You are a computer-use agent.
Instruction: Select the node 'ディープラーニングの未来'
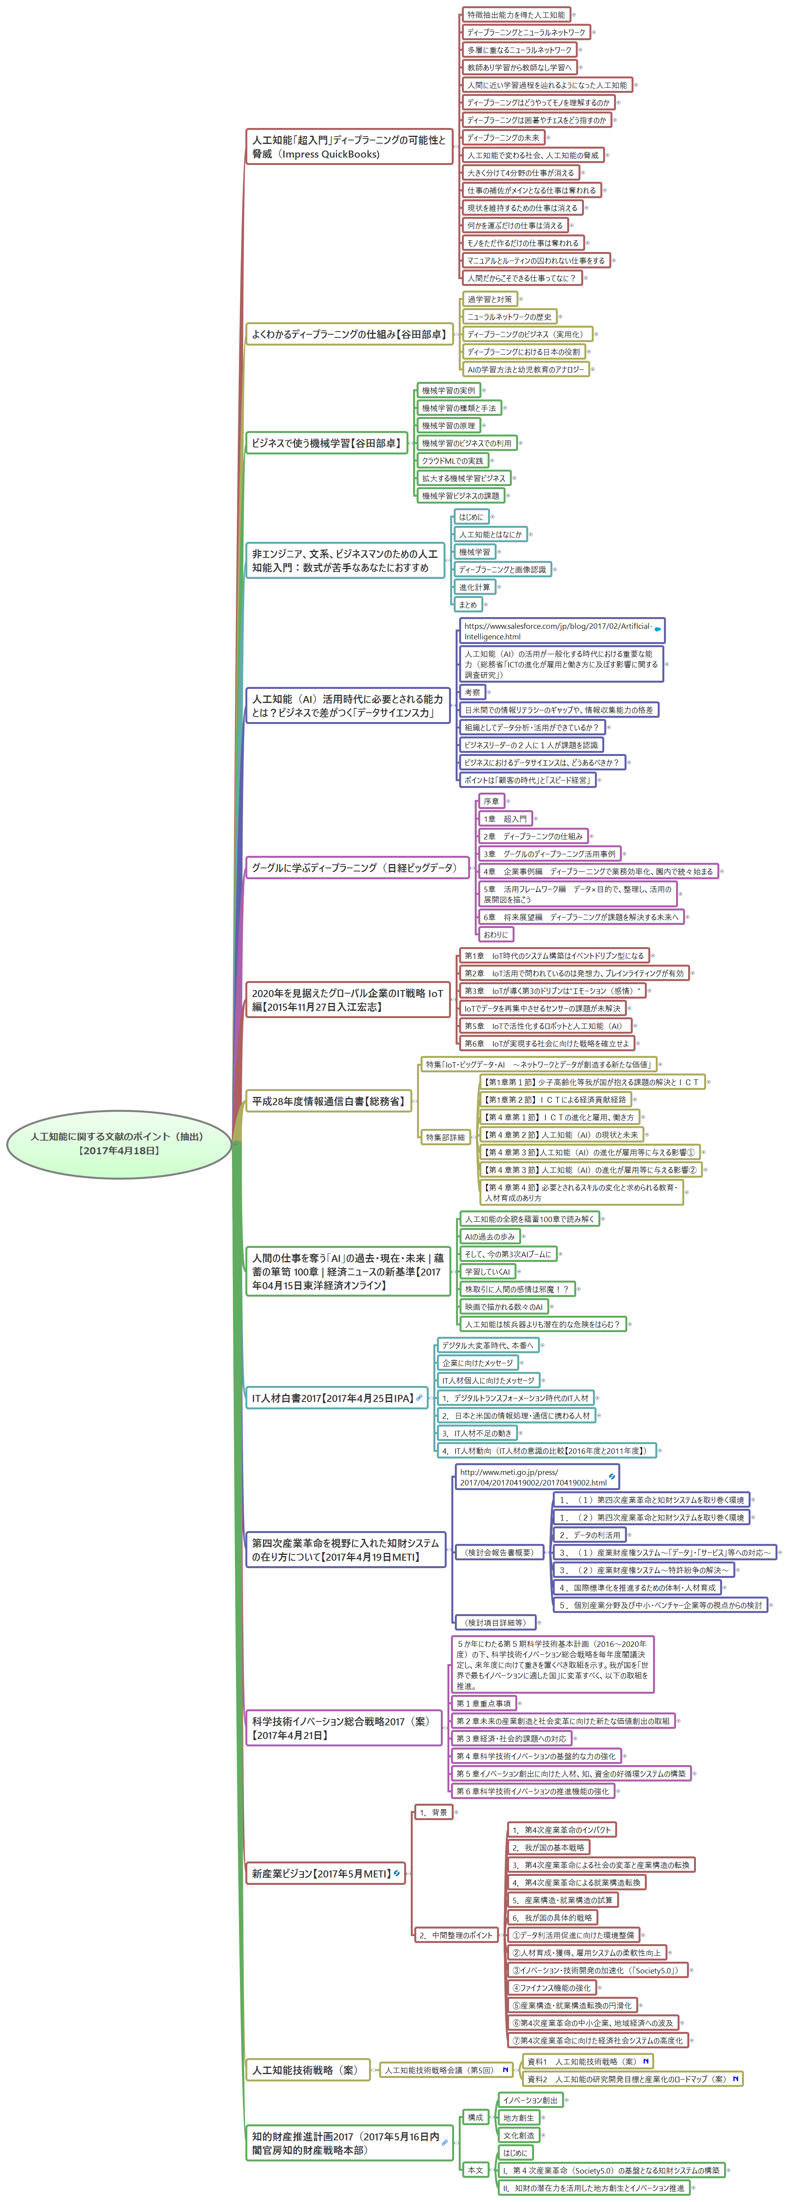click(x=502, y=138)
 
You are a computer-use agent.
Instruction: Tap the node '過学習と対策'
click(x=490, y=299)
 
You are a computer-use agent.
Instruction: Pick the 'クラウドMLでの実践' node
click(x=452, y=461)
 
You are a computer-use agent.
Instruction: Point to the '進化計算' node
click(x=474, y=587)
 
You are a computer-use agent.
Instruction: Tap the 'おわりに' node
click(x=495, y=934)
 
